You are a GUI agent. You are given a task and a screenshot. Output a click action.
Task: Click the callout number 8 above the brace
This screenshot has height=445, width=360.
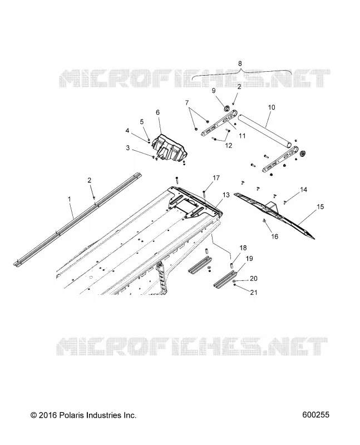pos(240,63)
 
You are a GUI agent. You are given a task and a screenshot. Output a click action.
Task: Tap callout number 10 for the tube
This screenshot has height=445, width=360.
pos(272,107)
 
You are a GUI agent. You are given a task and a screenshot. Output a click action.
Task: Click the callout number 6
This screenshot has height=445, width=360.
pos(158,112)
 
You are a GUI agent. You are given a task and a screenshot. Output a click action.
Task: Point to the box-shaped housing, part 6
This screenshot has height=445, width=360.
pos(170,147)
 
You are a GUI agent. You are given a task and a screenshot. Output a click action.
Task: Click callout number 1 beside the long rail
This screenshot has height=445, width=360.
pos(70,199)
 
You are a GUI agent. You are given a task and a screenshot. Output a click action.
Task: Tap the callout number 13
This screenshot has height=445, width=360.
pos(226,195)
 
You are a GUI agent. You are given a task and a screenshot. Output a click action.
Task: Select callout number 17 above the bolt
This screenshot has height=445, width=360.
pos(216,178)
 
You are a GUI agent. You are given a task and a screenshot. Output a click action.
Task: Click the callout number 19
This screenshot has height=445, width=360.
pos(249,259)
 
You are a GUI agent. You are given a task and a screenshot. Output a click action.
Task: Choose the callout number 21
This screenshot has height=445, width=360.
pos(254,292)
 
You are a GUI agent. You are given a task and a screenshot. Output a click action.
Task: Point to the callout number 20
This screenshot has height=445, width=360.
pos(254,279)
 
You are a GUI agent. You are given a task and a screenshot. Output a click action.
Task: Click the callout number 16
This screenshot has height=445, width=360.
pos(275,236)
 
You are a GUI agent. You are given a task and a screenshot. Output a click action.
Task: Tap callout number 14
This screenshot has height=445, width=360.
pos(303,190)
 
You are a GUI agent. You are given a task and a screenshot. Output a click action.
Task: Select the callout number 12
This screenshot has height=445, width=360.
pos(229,146)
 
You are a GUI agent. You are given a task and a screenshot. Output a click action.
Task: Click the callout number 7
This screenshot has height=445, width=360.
pos(187,103)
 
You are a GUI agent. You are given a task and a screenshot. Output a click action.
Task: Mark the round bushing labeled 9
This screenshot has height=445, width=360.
pos(227,108)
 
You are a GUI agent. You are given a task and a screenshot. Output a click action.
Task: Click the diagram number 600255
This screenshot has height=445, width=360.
pos(316,415)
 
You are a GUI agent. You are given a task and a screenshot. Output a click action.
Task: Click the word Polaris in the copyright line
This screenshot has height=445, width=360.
pos(70,415)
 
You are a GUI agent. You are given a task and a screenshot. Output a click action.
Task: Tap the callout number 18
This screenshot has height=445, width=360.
pos(243,248)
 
